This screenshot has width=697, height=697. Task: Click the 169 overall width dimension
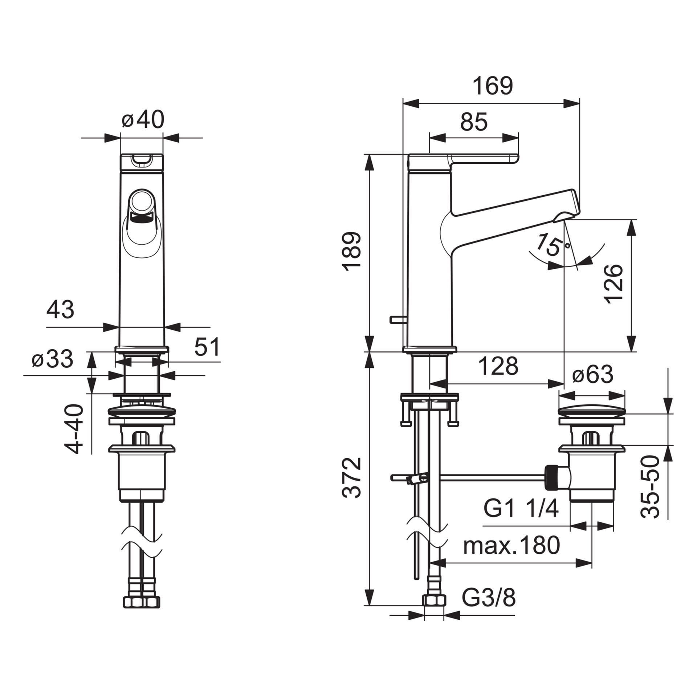pyautogui.click(x=493, y=86)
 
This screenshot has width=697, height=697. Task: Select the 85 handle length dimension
pyautogui.click(x=474, y=122)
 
